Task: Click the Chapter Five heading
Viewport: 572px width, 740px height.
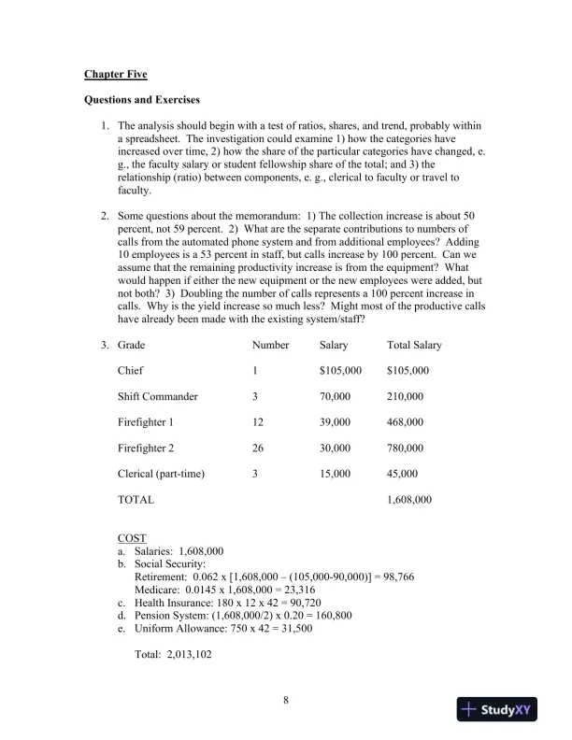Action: point(116,73)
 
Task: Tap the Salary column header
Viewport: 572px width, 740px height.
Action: point(334,345)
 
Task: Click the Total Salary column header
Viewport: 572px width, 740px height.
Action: point(414,345)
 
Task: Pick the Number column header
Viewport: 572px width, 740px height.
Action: point(270,345)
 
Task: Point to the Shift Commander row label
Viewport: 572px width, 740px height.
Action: point(157,396)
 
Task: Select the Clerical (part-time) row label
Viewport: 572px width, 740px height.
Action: point(161,474)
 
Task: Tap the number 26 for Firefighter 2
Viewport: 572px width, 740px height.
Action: point(258,448)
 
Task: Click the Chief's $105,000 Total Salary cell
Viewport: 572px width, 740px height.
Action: point(408,371)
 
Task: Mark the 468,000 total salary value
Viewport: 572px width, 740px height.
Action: point(405,422)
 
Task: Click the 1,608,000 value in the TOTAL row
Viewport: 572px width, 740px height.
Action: point(408,500)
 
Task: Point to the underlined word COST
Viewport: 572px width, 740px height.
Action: point(133,538)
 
